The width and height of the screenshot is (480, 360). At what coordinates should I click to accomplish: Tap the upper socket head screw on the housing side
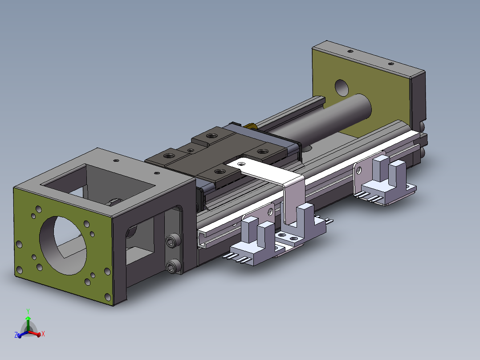click(172, 241)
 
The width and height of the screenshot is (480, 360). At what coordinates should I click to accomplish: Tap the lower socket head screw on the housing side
click(173, 266)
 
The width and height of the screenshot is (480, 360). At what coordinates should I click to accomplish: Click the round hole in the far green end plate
click(342, 88)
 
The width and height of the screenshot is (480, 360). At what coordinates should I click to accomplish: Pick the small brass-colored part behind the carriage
click(250, 126)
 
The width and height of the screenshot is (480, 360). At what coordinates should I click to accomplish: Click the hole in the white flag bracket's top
click(241, 164)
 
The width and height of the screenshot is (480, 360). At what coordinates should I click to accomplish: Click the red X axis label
click(43, 334)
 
